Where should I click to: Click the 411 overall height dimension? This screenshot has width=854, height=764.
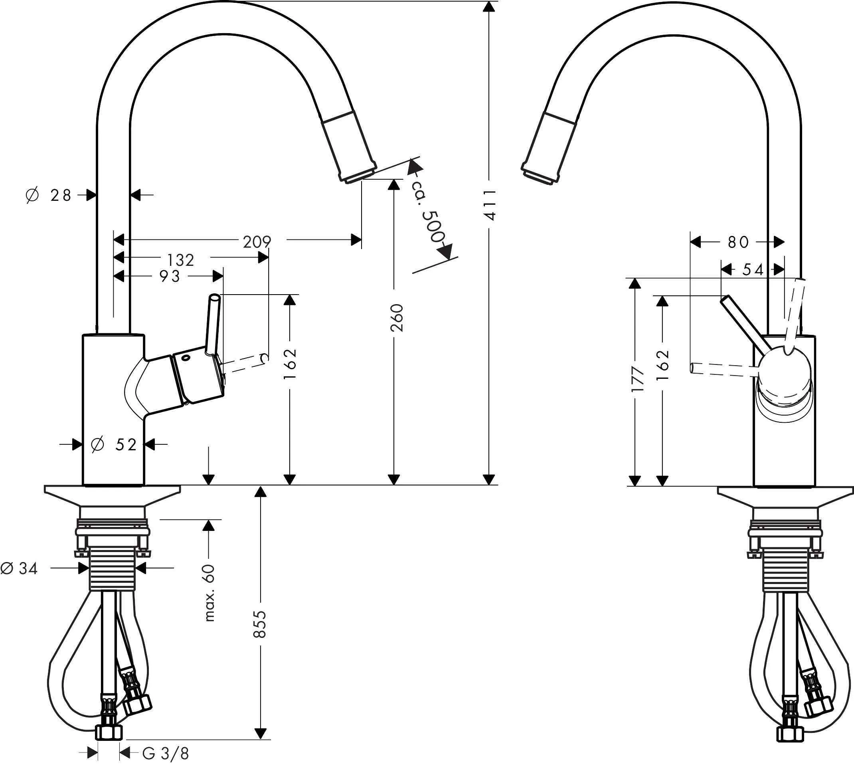tap(490, 205)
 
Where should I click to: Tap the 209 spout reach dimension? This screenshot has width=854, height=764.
tap(257, 242)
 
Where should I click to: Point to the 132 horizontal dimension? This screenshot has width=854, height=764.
tap(181, 260)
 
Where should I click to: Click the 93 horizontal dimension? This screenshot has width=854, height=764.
tap(170, 276)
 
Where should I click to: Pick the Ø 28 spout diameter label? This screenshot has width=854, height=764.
tap(49, 195)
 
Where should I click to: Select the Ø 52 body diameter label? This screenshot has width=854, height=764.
tap(114, 445)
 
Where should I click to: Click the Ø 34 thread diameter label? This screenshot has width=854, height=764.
tap(19, 568)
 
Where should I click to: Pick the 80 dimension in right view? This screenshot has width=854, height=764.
tap(738, 242)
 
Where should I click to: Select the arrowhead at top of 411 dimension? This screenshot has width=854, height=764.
tap(488, 7)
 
